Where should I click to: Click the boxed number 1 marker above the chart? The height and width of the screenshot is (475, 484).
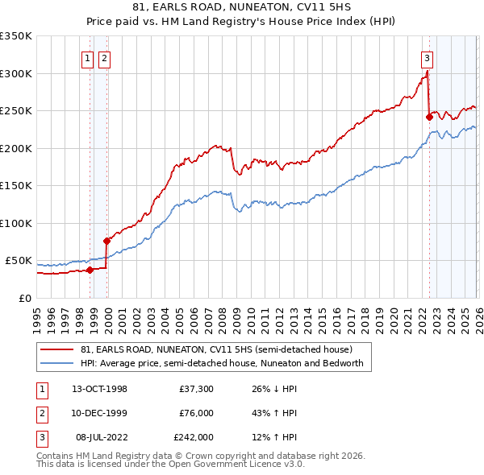pyautogui.click(x=86, y=57)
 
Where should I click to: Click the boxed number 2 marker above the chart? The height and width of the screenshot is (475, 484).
pyautogui.click(x=105, y=57)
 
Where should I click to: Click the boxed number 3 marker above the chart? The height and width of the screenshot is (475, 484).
pyautogui.click(x=426, y=57)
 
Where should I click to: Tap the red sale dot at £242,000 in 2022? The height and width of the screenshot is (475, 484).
pyautogui.click(x=429, y=117)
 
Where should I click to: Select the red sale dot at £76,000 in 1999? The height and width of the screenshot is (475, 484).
pyautogui.click(x=106, y=241)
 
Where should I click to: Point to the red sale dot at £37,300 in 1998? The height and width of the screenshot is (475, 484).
pyautogui.click(x=90, y=270)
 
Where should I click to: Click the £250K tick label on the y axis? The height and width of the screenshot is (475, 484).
pyautogui.click(x=15, y=111)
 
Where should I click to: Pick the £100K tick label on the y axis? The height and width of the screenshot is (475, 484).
pyautogui.click(x=15, y=223)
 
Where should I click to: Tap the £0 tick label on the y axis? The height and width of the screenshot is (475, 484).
pyautogui.click(x=24, y=298)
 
